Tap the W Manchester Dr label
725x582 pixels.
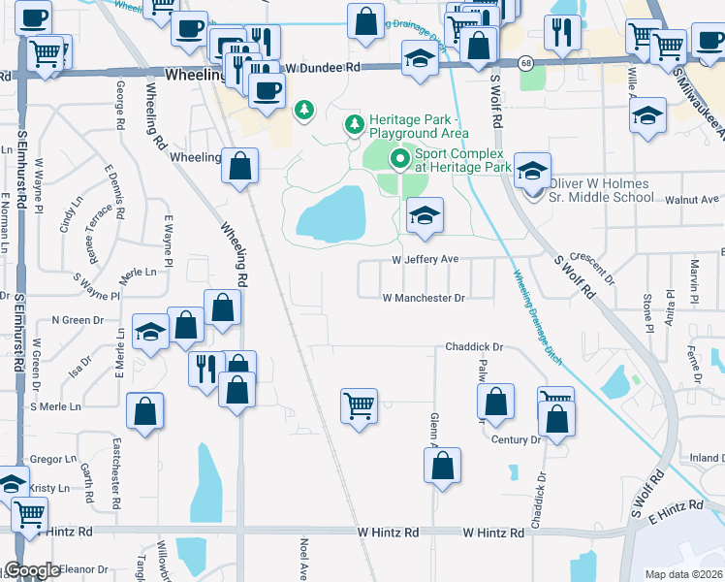(424, 299)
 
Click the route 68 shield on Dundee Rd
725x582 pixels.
(523, 62)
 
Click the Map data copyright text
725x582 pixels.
(683, 574)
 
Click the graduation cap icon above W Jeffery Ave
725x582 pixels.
(424, 216)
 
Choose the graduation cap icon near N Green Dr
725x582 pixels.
(149, 333)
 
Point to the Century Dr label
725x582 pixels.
(515, 439)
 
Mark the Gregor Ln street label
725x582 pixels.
(53, 459)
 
